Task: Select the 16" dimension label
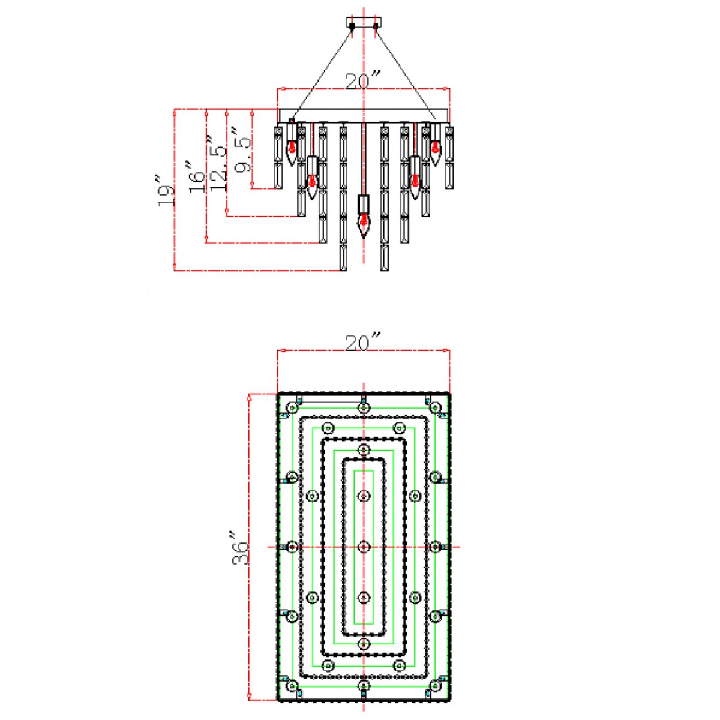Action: [x=197, y=177]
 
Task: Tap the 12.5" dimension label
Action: [x=218, y=163]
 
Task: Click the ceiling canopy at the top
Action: [x=364, y=22]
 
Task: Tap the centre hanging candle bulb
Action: [x=364, y=225]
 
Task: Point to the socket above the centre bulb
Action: [x=364, y=203]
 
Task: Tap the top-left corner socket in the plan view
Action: [x=292, y=407]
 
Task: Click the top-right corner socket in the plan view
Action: [x=435, y=407]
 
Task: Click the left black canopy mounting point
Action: [x=352, y=26]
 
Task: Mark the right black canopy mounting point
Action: [x=376, y=26]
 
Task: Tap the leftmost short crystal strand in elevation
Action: [x=278, y=157]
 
